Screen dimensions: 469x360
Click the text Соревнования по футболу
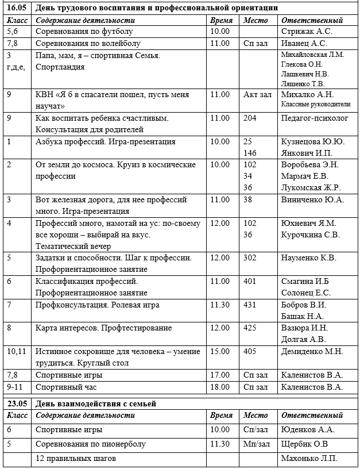84,32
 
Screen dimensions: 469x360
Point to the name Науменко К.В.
308,258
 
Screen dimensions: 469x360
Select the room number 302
250,258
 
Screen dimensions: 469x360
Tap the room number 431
250,305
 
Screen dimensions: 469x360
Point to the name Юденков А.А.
307,429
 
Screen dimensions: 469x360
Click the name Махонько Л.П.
309,458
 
